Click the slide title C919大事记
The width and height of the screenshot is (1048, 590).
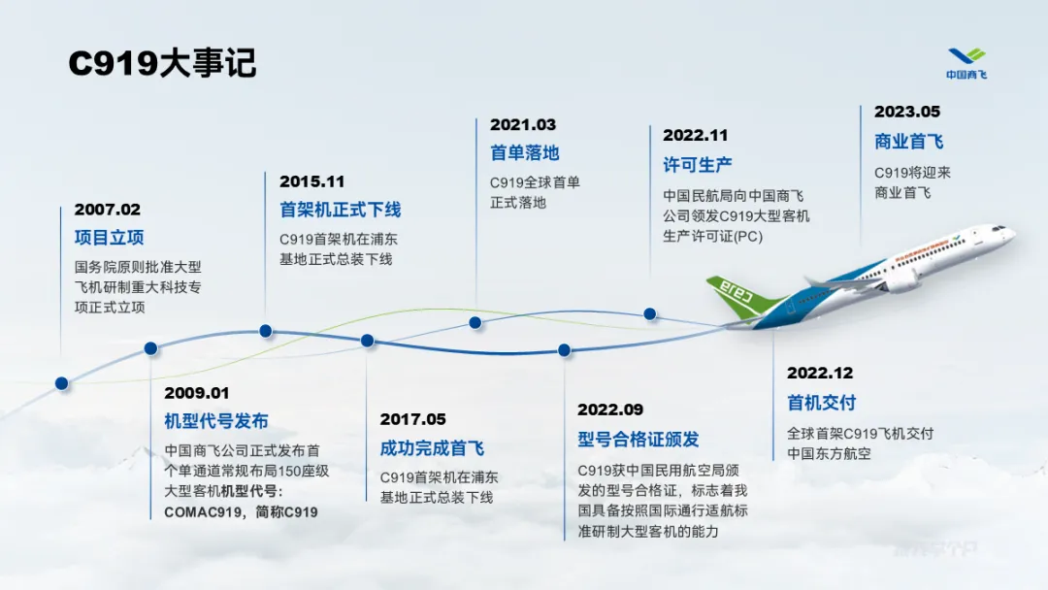point(162,63)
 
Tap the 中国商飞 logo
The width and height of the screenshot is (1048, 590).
point(966,63)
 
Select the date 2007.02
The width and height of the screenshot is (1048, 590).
point(108,210)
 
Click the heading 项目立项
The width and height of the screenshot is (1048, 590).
point(109,237)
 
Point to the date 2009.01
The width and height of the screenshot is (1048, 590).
point(196,393)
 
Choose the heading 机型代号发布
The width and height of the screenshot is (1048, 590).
point(215,421)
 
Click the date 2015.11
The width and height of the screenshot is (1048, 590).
point(312,181)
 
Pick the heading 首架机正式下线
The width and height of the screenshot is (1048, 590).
point(341,210)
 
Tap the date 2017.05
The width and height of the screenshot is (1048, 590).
point(413,419)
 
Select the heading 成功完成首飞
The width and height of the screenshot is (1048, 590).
point(432,448)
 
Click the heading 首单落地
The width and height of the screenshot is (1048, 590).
point(525,153)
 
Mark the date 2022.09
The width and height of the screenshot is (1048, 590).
point(610,410)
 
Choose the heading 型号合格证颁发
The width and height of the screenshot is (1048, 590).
point(639,439)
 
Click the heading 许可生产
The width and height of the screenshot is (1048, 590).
point(697,164)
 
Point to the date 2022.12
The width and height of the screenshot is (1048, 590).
point(820,373)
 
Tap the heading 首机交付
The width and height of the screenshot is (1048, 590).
point(822,403)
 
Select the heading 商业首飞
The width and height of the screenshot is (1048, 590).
point(909,142)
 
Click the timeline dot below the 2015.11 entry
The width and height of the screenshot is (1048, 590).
point(265,331)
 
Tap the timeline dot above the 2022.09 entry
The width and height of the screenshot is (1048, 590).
point(564,349)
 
